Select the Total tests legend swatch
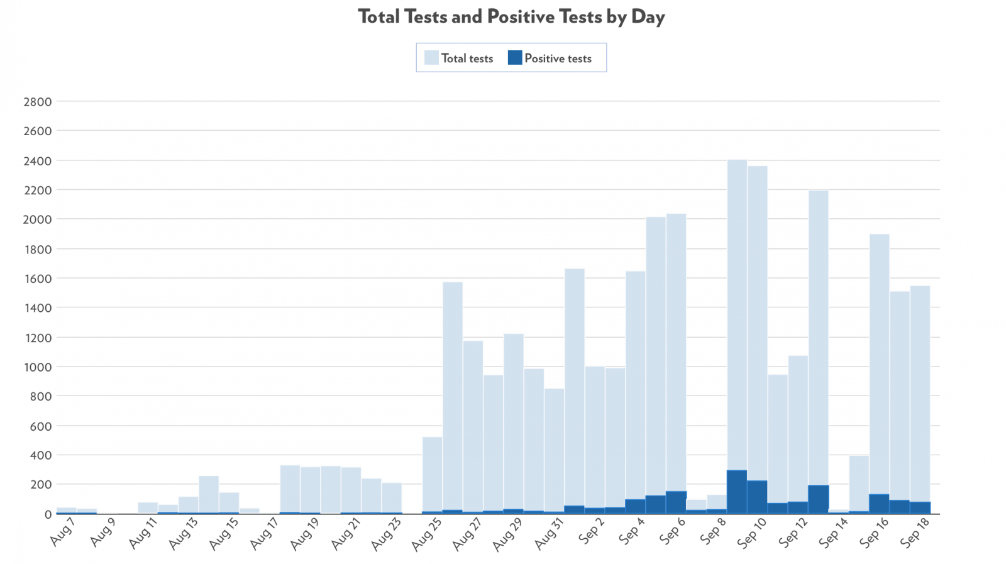431,58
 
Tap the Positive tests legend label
558,58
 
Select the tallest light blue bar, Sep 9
737,314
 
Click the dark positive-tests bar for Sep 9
737,492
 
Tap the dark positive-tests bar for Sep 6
676,502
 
